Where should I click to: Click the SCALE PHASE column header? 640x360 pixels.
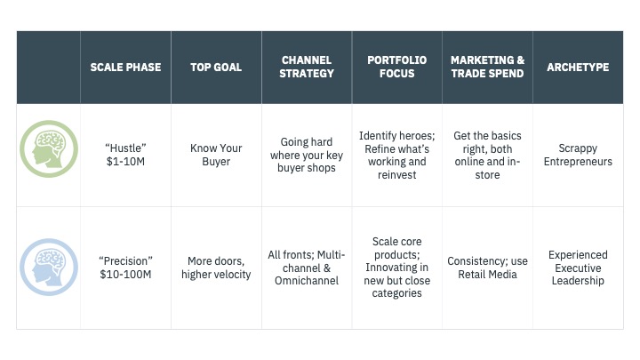[x=125, y=67]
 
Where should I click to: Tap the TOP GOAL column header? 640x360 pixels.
[x=216, y=67]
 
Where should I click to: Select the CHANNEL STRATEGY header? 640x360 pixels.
[x=307, y=67]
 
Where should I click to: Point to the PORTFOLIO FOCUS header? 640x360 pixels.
[x=396, y=67]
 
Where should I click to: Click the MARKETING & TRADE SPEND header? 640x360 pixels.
[x=487, y=67]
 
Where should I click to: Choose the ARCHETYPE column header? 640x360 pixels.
[x=578, y=67]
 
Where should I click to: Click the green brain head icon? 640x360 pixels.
[x=49, y=149]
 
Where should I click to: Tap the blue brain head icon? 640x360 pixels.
[x=49, y=268]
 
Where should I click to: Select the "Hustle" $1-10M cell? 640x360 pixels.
[x=125, y=155]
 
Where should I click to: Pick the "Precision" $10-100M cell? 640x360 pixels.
[x=125, y=268]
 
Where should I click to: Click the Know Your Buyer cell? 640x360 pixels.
[x=216, y=155]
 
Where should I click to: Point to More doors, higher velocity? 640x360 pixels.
[x=216, y=268]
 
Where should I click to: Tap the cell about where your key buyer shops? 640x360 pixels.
[x=307, y=155]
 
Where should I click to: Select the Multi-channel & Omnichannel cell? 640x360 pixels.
[x=307, y=268]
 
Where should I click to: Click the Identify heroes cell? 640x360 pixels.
[x=396, y=155]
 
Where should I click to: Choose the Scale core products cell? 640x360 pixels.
[x=396, y=268]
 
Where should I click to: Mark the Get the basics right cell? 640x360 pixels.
[x=487, y=155]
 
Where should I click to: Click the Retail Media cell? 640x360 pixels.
[x=487, y=268]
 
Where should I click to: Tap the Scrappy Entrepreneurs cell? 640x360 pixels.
[x=578, y=155]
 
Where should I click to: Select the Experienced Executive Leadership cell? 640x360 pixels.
[x=578, y=268]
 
